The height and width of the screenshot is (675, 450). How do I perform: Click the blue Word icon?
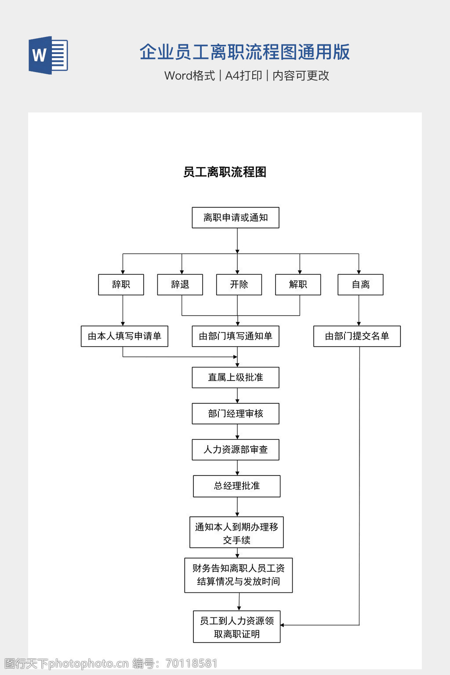[x=48, y=55]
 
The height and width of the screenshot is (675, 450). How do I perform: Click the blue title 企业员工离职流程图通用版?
[x=244, y=52]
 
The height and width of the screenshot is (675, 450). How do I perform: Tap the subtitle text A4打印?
[x=243, y=76]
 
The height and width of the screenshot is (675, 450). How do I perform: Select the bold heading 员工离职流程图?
[x=225, y=172]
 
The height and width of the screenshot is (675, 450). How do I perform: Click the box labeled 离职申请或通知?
[x=236, y=218]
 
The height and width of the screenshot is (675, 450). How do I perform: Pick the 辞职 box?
[x=121, y=284]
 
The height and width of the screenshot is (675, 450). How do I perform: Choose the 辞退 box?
[x=180, y=284]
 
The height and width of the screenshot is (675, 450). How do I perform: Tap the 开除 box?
[x=239, y=284]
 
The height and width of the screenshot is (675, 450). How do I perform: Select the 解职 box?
[x=298, y=284]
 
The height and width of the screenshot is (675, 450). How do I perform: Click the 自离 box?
[x=360, y=284]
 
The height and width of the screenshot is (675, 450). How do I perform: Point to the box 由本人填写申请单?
[x=124, y=336]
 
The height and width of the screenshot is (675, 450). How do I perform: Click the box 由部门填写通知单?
[x=236, y=336]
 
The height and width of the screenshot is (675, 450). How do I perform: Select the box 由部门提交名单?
[x=357, y=336]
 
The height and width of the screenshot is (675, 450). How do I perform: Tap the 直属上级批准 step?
[x=236, y=377]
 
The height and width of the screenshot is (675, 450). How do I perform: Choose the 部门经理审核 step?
[x=236, y=414]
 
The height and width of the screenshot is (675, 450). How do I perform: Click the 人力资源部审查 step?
[x=236, y=450]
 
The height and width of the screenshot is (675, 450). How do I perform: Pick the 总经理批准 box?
[x=237, y=486]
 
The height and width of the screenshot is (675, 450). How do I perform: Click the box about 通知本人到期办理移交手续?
[x=236, y=532]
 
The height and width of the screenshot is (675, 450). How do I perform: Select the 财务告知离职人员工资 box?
[x=239, y=575]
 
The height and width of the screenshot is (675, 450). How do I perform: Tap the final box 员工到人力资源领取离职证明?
[x=237, y=627]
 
